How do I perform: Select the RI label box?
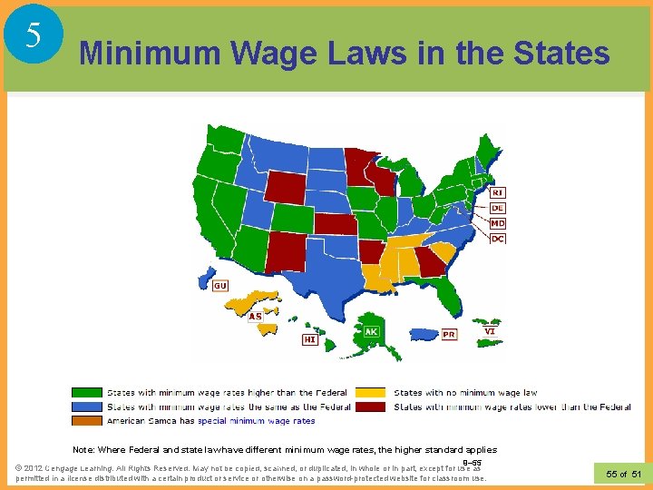[498, 192]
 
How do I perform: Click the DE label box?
[498, 208]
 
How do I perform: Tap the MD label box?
[498, 223]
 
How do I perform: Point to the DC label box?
[498, 239]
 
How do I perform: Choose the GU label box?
[220, 286]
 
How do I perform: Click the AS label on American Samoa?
[255, 316]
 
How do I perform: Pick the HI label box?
[310, 338]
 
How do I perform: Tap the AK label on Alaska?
[372, 332]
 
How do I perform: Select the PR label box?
[449, 334]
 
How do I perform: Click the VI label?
[490, 331]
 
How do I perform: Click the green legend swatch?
[87, 393]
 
